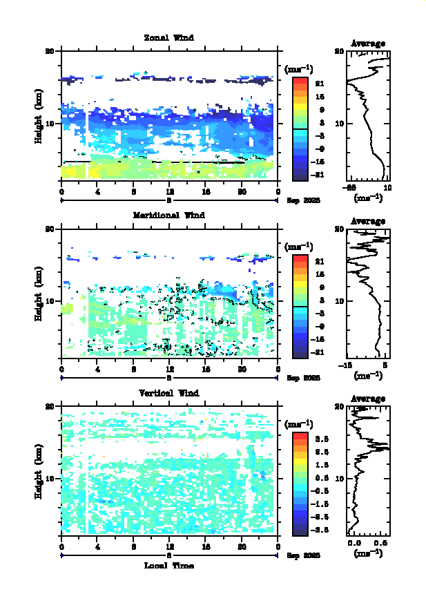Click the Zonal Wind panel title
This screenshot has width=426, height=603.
click(168, 37)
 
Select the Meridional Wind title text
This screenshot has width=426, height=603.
click(168, 215)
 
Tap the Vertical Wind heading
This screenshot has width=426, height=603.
click(168, 392)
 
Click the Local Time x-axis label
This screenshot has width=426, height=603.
click(168, 565)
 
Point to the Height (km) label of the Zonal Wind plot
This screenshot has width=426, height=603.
click(39, 115)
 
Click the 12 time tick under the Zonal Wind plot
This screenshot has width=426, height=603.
click(170, 192)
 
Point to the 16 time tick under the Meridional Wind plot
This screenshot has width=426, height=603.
click(206, 370)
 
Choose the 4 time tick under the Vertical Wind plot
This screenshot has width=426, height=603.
click(98, 547)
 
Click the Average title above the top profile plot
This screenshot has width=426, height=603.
click(368, 44)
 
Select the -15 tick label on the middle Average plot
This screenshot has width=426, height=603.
click(351, 365)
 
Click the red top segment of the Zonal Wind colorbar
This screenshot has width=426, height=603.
click(300, 82)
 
